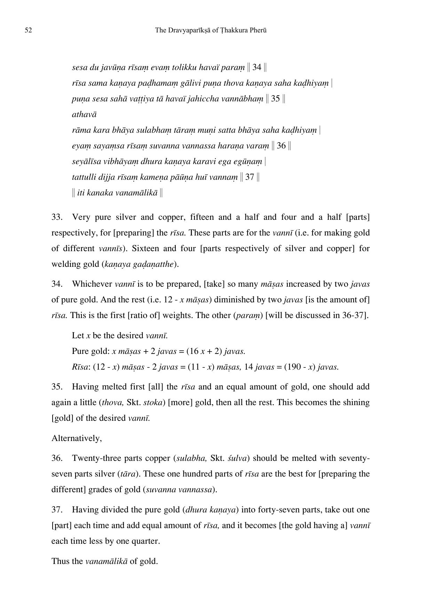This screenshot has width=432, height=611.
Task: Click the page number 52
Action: tap(29, 30)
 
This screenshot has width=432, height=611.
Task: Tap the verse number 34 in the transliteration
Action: tap(257, 67)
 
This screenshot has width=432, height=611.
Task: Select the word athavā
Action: tap(84, 114)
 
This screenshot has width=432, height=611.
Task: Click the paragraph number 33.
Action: tap(57, 217)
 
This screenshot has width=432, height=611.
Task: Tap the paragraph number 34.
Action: tap(57, 284)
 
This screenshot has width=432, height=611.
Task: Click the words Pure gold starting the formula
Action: tap(91, 351)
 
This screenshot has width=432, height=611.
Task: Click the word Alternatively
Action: tap(77, 438)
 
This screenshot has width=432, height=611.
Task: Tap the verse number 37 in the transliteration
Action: tap(250, 177)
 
